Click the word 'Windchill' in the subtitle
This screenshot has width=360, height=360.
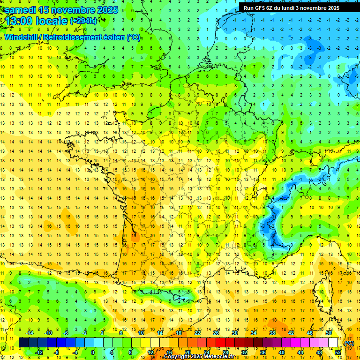(21, 37)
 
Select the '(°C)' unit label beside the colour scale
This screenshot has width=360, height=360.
(349, 343)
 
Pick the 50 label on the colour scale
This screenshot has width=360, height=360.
(328, 333)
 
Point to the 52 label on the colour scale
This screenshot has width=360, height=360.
(337, 352)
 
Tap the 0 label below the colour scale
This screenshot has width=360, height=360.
(93, 352)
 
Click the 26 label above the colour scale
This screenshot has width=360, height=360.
(216, 333)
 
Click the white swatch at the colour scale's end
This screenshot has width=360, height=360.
(333, 343)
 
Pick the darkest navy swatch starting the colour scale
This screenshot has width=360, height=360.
(23, 343)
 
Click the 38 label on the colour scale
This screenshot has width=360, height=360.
(272, 333)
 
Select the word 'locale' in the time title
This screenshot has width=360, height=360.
(53, 22)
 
